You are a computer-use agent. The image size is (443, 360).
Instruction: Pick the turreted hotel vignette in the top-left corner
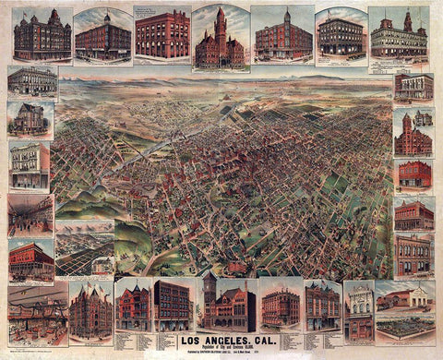(x=42, y=35)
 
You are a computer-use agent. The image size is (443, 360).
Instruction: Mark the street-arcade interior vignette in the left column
(x=30, y=214)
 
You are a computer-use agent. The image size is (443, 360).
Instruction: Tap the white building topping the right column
(x=413, y=86)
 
